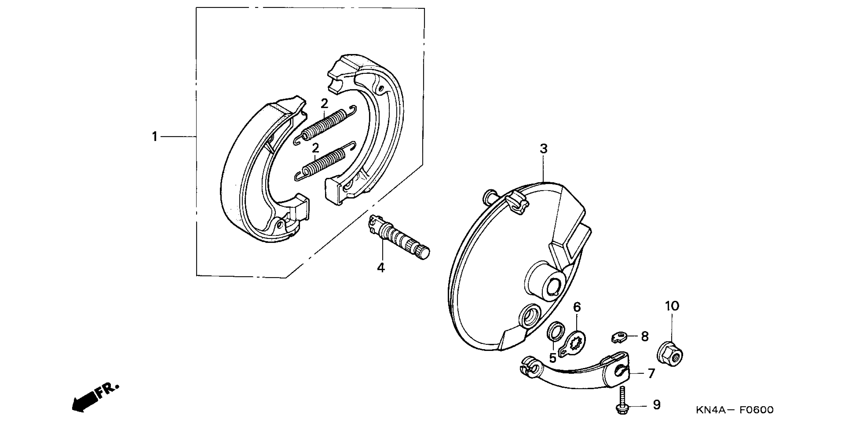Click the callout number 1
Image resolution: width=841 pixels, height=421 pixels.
coord(155,137)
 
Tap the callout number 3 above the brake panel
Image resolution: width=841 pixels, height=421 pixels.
coord(543,149)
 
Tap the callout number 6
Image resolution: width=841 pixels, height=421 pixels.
coord(577,307)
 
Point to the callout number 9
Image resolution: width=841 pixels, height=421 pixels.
coord(657,405)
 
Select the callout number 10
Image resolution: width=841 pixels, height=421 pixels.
coord(672,306)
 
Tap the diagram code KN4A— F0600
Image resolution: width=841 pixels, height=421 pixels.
coord(735,410)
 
